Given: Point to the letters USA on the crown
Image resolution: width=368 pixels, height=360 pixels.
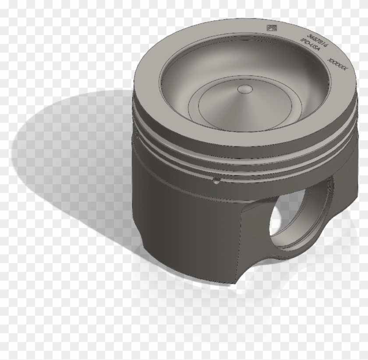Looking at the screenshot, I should click(x=315, y=50).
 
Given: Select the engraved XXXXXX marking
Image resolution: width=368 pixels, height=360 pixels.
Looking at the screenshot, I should click(x=339, y=65).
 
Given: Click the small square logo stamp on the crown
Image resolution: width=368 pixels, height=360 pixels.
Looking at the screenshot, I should click(x=269, y=29).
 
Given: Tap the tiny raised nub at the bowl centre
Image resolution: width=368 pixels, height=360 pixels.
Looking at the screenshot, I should click(x=244, y=89).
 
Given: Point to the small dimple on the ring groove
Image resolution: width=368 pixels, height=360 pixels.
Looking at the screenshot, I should click(x=216, y=181).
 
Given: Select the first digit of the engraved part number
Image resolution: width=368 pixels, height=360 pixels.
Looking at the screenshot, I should click(x=310, y=35).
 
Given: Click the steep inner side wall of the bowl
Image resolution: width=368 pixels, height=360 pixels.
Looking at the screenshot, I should click(x=180, y=88).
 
